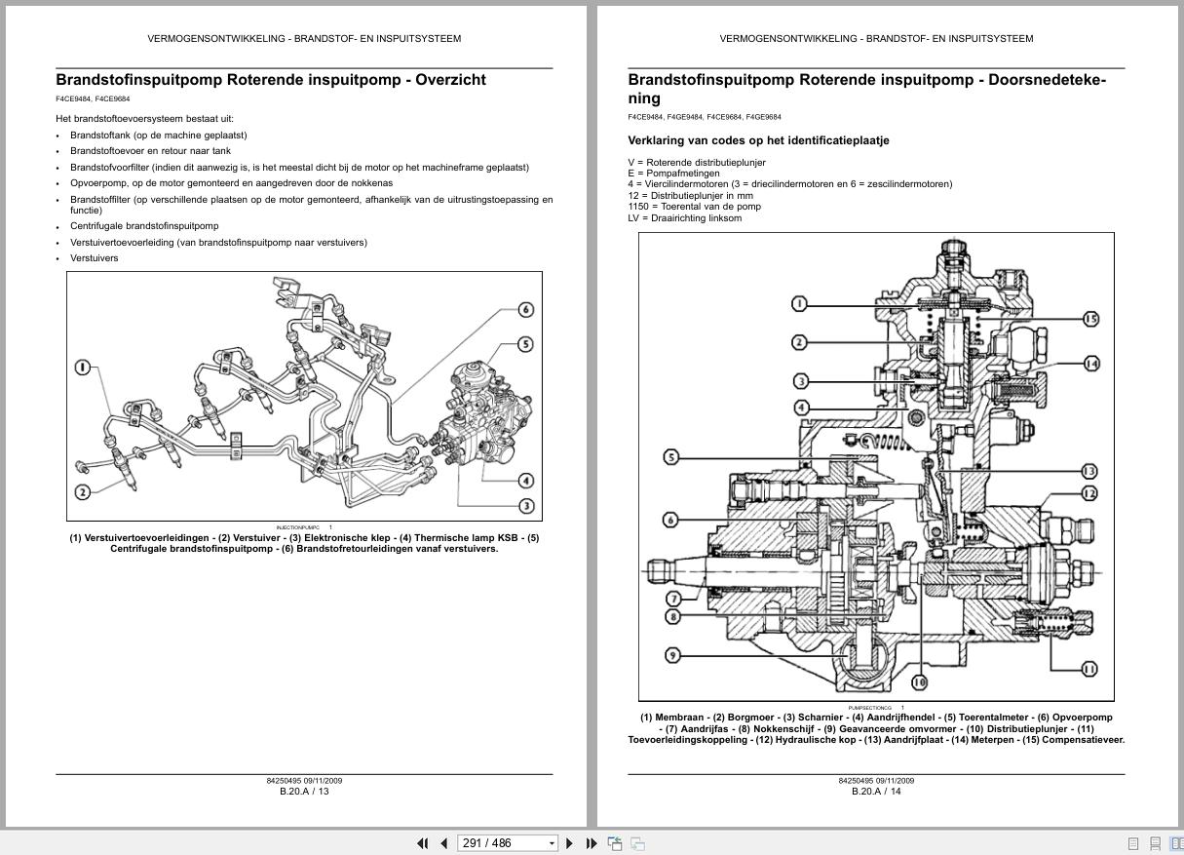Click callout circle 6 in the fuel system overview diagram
click(x=526, y=310)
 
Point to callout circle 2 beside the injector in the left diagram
click(x=83, y=491)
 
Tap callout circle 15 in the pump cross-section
click(x=1089, y=319)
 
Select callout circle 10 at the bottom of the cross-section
click(x=919, y=682)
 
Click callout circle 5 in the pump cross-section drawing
click(x=671, y=457)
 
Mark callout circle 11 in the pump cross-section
click(x=1089, y=669)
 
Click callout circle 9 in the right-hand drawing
click(x=671, y=655)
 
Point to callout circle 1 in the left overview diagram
click(x=83, y=368)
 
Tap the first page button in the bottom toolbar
click(x=423, y=843)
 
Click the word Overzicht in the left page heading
click(x=450, y=80)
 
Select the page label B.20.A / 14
click(x=876, y=792)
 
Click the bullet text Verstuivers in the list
click(x=95, y=258)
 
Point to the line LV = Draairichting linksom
click(x=684, y=218)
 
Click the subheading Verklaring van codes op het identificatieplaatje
click(x=758, y=140)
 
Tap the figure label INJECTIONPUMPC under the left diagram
click(x=298, y=527)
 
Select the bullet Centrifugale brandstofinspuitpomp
click(x=144, y=226)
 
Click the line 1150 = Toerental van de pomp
click(x=694, y=207)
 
